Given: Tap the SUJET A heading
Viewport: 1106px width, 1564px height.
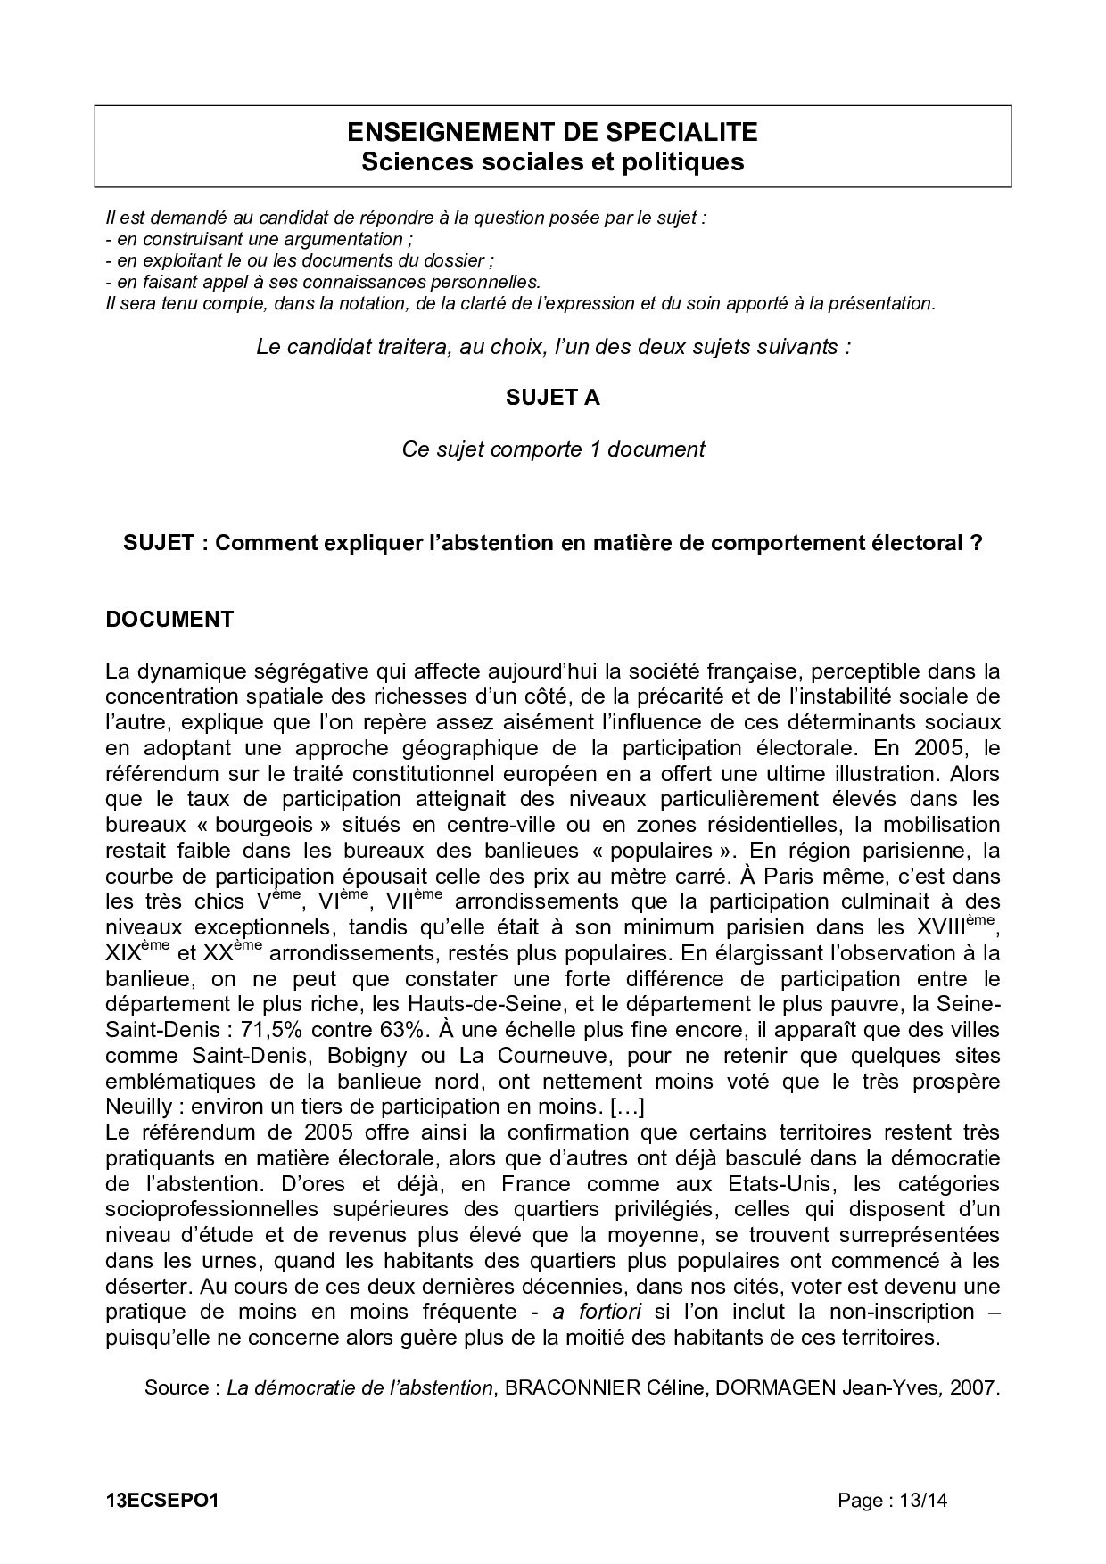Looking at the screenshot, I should point(553,398).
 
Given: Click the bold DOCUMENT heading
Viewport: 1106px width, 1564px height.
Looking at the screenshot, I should point(169,620).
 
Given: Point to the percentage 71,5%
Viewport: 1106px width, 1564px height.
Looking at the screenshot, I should point(267,1030).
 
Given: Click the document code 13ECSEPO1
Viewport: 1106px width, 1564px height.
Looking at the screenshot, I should point(161,1501).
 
